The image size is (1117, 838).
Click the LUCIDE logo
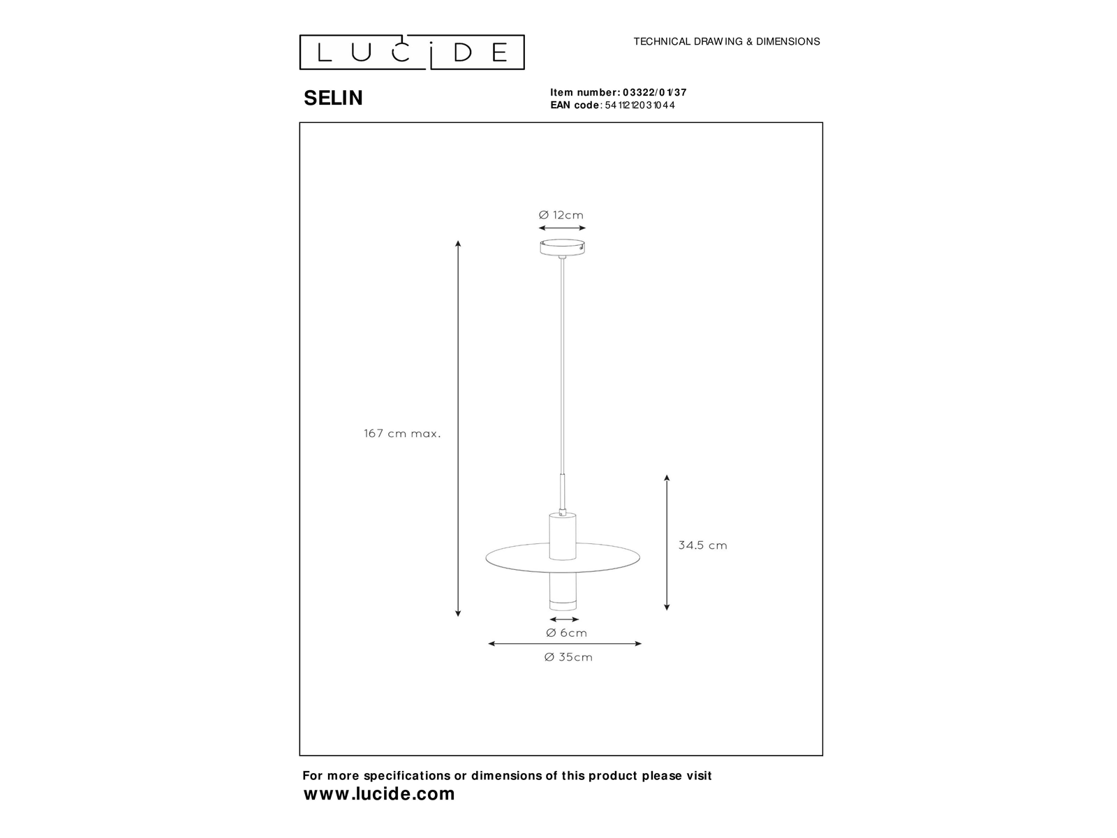412,52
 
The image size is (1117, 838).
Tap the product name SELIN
333,98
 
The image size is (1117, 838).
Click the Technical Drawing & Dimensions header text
727,41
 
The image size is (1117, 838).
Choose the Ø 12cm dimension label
561,215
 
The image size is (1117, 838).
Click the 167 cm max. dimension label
402,434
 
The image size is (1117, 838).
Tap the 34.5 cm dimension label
703,545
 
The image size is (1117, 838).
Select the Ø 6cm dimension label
566,633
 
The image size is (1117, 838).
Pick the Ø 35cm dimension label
568,657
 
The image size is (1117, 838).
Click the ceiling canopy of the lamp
562,247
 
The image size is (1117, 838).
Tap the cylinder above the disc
563,536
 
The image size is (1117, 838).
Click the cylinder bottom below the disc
563,592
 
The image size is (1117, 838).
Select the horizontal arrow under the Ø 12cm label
562,228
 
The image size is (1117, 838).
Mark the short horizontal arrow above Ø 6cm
564,619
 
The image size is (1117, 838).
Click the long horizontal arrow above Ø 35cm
565,644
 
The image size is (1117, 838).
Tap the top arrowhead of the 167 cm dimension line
458,244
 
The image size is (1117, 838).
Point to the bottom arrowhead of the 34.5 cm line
667,607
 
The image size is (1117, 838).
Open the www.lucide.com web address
379,794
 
